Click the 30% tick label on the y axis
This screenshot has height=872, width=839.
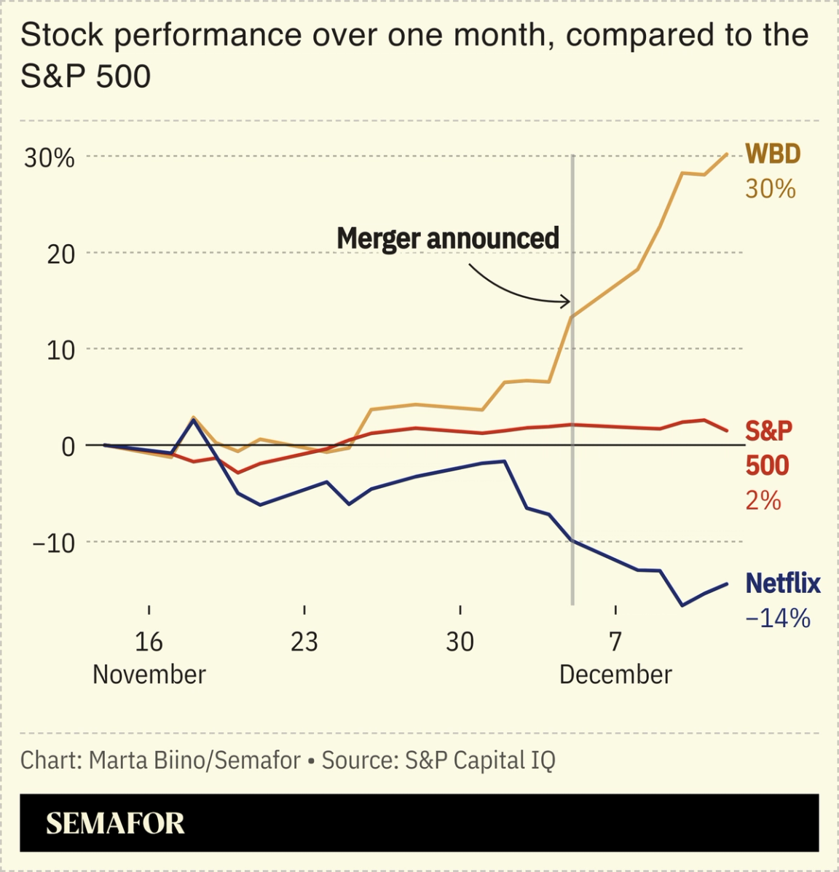[49, 158]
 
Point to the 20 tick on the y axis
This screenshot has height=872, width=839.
[60, 254]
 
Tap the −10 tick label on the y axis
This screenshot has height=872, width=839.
[53, 543]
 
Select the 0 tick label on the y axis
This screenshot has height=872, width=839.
[68, 447]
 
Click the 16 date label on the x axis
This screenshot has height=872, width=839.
[149, 642]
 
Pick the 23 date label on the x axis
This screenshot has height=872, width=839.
[304, 642]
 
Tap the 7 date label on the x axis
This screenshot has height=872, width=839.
[615, 642]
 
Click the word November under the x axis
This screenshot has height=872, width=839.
[149, 675]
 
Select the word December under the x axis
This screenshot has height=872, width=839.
[615, 675]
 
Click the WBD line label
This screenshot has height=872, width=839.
[773, 154]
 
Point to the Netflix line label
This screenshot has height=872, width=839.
[783, 584]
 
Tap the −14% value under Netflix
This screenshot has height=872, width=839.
[778, 618]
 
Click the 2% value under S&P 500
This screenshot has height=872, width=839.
[763, 500]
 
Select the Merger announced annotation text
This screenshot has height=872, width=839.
[447, 238]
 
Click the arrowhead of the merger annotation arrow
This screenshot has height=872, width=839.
[567, 301]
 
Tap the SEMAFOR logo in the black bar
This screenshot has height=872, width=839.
[115, 824]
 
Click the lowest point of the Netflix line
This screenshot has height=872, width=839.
[682, 605]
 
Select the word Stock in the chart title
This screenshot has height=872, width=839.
[62, 35]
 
